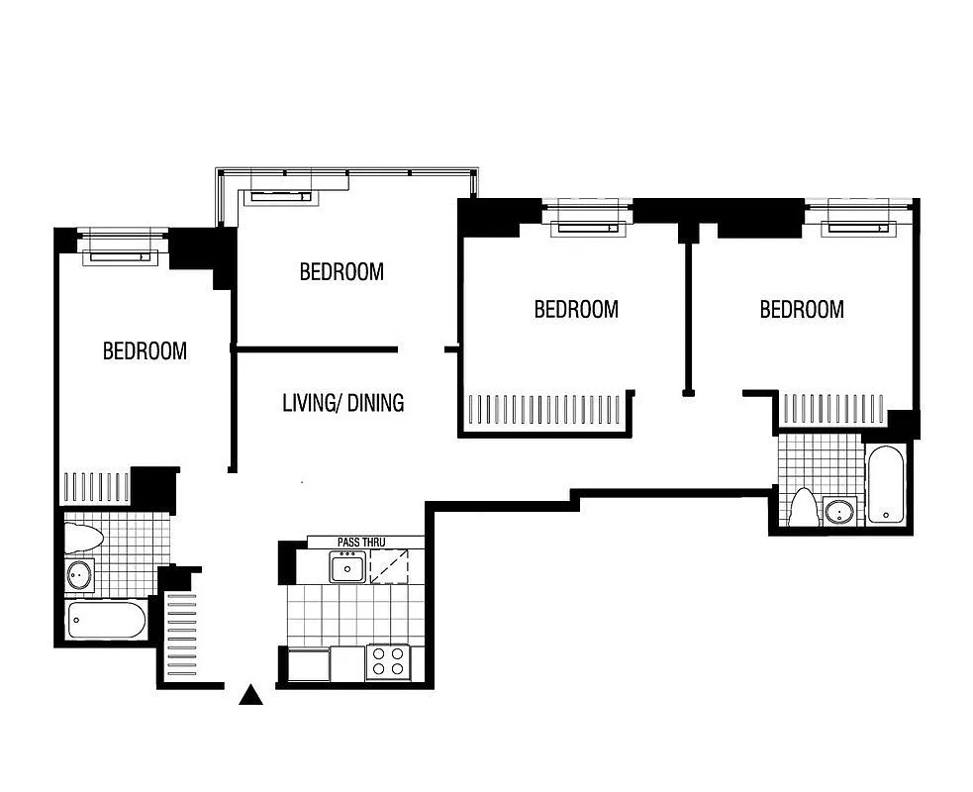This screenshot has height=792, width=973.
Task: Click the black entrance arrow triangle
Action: coord(251,696)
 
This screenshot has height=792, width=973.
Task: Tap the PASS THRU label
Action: coord(360,543)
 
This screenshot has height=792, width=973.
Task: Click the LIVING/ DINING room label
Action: coord(342,403)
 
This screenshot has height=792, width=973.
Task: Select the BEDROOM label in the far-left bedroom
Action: coord(145,350)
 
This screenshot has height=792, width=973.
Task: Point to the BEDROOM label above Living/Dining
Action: coord(341,271)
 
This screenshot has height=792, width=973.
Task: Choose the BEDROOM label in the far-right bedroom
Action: coord(802,309)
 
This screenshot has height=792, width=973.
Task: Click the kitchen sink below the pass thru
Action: coord(346,568)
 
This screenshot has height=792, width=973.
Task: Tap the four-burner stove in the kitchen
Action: coord(388,661)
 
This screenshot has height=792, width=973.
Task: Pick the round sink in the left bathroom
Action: coord(80,574)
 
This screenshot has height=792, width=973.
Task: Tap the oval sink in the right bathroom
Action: coord(839,511)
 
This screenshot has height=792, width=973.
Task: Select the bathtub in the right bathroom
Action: coord(886,484)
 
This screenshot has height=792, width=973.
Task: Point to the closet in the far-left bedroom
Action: coord(96,487)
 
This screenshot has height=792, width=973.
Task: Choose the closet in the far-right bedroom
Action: coord(833,409)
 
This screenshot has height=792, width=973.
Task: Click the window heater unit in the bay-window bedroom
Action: coord(281,197)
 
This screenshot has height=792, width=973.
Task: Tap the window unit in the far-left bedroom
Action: coord(120,256)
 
